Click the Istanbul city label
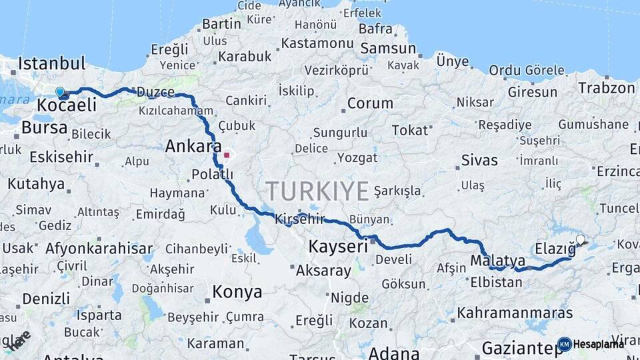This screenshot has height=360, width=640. tap(52, 64)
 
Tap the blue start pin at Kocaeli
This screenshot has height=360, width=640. tap(60, 92)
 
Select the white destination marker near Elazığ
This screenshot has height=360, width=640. tap(581, 240)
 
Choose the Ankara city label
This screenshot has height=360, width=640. tap(193, 146)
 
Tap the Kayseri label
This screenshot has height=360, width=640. tap(338, 247)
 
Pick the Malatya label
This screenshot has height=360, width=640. tap(497, 260)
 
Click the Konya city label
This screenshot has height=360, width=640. tap(237, 291)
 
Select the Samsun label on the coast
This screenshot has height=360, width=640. tap(388, 49)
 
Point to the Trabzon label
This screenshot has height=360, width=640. tap(607, 88)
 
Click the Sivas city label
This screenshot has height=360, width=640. tap(479, 160)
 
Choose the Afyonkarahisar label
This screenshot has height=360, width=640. tap(99, 249)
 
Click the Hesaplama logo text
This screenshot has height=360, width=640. tap(598, 344)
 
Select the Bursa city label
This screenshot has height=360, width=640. tap(45, 127)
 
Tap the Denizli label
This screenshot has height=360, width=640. tap(45, 298)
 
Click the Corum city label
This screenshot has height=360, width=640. tap(370, 103)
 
